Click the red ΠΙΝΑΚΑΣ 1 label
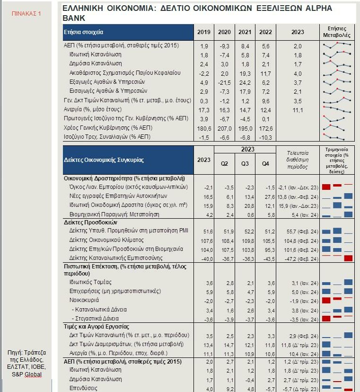[26, 14]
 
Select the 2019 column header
[203, 32]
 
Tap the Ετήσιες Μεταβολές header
[336, 32]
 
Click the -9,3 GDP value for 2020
[224, 46]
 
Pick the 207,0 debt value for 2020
[224, 128]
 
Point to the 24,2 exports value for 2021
[245, 83]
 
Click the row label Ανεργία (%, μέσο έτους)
[93, 109]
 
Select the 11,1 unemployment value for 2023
[298, 110]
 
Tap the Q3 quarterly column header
[245, 163]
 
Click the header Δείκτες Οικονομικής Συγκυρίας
[104, 160]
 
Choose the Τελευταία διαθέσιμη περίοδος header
[297, 160]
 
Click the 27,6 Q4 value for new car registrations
[270, 197]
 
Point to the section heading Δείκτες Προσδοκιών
[90, 222]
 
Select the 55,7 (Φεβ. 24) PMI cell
[302, 232]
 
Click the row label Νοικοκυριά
[84, 300]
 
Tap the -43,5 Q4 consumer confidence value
[269, 259]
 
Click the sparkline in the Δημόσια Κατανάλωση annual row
[337, 64]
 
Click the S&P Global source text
[27, 374]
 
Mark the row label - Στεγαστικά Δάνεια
[95, 319]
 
